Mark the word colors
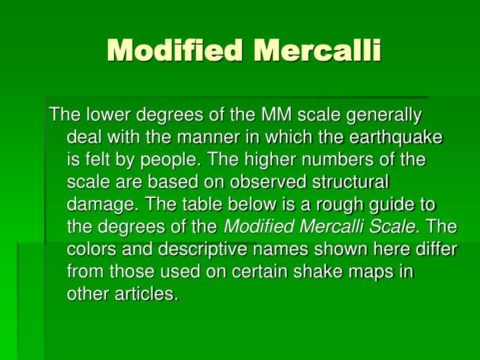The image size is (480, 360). pyautogui.click(x=91, y=250)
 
